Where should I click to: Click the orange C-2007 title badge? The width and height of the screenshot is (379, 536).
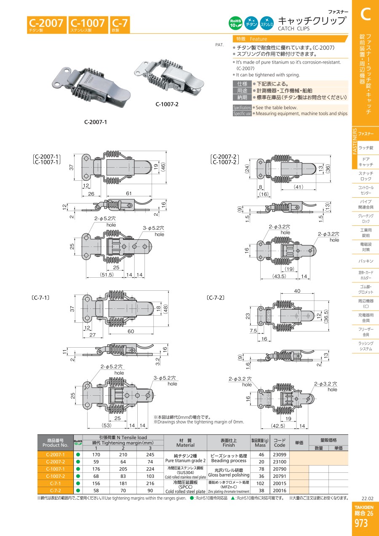pyautogui.click(x=47, y=24)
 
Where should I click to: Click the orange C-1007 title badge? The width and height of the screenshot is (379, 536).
pyautogui.click(x=87, y=24)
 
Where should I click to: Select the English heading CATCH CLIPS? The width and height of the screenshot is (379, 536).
pyautogui.click(x=294, y=29)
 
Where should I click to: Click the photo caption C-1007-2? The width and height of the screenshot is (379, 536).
pyautogui.click(x=167, y=105)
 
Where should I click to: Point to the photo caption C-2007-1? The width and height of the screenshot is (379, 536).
pyautogui.click(x=96, y=122)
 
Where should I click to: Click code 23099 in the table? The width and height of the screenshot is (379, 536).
pyautogui.click(x=280, y=455)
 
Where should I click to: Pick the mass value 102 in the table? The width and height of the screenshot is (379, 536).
pyautogui.click(x=261, y=483)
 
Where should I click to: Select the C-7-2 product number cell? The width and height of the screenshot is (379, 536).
pyautogui.click(x=56, y=490)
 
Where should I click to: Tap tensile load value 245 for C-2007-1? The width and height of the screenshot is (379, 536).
pyautogui.click(x=150, y=455)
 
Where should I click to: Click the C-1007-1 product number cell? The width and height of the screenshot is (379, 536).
pyautogui.click(x=56, y=469)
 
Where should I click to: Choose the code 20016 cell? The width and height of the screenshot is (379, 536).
pyautogui.click(x=280, y=490)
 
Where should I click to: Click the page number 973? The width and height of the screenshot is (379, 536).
pyautogui.click(x=361, y=523)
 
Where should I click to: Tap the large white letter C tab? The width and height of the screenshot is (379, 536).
pyautogui.click(x=365, y=15)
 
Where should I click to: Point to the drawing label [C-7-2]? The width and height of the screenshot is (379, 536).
pyautogui.click(x=215, y=297)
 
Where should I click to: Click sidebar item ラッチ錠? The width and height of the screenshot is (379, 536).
pyautogui.click(x=366, y=147)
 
